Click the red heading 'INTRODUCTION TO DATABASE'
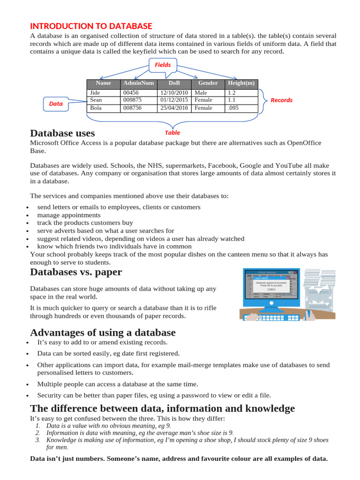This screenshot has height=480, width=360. [91, 26]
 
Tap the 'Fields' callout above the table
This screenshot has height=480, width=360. [163, 65]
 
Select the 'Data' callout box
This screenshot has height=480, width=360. [56, 104]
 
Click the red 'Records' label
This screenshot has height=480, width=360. [281, 100]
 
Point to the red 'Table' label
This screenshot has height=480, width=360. [172, 133]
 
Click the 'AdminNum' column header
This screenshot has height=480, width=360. [138, 83]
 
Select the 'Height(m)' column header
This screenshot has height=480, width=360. [241, 83]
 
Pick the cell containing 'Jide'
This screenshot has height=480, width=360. [95, 93]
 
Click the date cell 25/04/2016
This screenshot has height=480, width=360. [174, 108]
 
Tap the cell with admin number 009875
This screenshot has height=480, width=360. [132, 100]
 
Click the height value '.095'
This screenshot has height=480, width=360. [233, 108]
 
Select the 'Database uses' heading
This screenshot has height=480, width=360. [62, 133]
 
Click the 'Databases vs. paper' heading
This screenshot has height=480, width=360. [76, 272]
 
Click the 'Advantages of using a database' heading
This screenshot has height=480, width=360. [103, 332]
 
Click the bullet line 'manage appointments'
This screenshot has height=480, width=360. [69, 215]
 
